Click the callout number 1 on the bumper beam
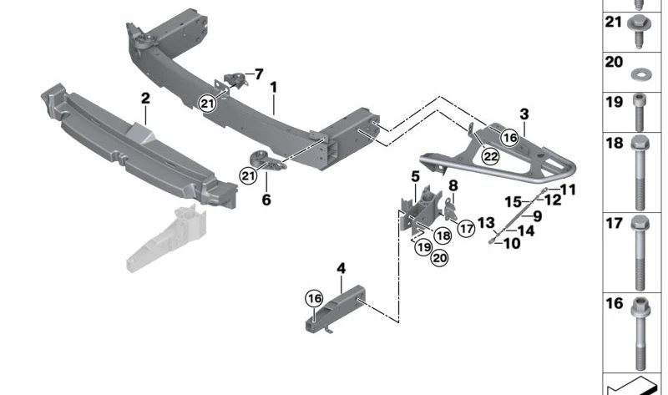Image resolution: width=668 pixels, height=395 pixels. click(273, 86)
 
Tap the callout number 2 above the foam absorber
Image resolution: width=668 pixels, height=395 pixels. click(144, 99)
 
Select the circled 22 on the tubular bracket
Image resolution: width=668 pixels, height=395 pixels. click(490, 155)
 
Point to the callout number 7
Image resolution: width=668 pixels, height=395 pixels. click(258, 73)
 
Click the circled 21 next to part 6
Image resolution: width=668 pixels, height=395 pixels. click(246, 175)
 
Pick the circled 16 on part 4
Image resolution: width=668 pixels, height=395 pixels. click(313, 298)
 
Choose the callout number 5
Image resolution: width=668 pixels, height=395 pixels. click(414, 176)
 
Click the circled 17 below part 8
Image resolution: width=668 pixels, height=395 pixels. click(465, 225)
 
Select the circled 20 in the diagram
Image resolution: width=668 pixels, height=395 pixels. click(439, 258)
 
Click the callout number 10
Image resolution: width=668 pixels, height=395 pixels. click(511, 243)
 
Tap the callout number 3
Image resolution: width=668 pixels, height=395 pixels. click(524, 114)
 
